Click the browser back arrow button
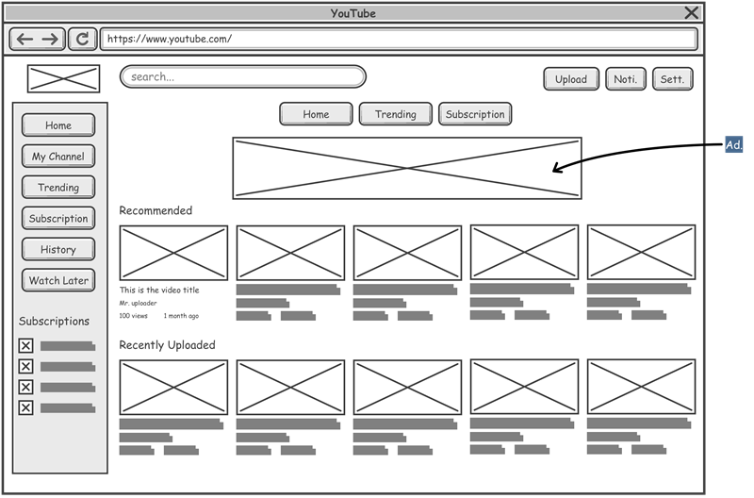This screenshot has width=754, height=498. point(25,39)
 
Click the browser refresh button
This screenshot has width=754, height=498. point(83,39)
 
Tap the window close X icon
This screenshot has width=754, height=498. point(692,12)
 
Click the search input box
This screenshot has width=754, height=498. point(243,77)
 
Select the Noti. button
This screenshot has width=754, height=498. point(626,79)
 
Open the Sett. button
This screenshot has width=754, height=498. point(672,79)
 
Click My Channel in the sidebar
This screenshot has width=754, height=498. point(58,157)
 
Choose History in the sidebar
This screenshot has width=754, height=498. point(58,250)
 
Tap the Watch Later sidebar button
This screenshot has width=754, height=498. point(58,281)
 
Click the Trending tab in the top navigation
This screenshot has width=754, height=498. point(395,114)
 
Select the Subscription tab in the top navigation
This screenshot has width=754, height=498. point(475,114)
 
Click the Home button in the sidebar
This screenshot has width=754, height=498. point(58,125)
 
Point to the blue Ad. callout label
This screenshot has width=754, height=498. point(734,145)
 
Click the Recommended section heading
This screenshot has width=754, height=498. point(156,210)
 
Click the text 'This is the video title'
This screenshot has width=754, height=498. point(159,290)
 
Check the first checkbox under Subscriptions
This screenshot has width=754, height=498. point(26,346)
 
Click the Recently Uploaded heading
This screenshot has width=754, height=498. point(167,345)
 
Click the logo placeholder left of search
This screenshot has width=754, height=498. point(63,79)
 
